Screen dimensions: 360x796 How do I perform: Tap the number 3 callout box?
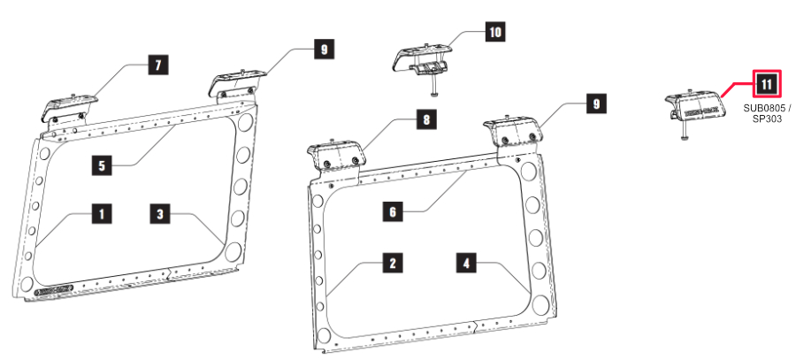point(160,213)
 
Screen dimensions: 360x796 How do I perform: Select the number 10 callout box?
point(494,33)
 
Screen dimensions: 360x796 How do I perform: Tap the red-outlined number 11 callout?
point(767,85)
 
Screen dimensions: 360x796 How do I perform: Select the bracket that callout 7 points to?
point(66,107)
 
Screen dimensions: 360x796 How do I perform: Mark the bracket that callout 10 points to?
point(422,59)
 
